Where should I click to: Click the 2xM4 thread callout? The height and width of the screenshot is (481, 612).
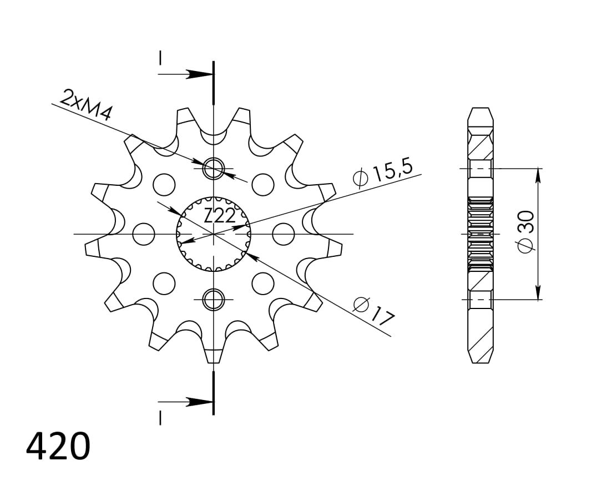click(x=86, y=104)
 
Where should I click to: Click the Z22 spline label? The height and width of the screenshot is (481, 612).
click(x=220, y=216)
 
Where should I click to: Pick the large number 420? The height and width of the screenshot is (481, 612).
click(x=58, y=446)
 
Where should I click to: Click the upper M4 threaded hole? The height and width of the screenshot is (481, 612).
click(x=214, y=169)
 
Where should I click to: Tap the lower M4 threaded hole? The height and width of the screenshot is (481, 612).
click(x=214, y=300)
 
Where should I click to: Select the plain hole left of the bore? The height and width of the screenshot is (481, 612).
click(x=144, y=234)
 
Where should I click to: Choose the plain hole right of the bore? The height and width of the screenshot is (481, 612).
click(x=284, y=234)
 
